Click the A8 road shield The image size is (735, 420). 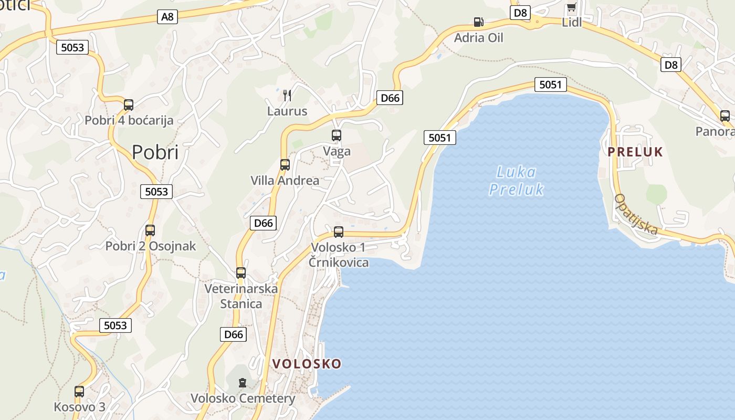(x=167, y=17)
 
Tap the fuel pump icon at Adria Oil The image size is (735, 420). (x=478, y=22)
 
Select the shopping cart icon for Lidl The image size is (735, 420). (x=571, y=7)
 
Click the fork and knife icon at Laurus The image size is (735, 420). (x=287, y=95)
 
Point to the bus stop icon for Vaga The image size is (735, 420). (x=337, y=135)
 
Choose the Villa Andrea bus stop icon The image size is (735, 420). (x=285, y=165)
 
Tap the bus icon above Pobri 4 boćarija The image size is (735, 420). (x=129, y=104)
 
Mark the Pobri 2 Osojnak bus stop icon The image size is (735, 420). (x=150, y=230)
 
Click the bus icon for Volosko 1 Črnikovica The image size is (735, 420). (x=339, y=232)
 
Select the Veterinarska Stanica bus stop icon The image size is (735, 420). (x=241, y=273)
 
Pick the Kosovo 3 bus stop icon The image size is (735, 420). (x=79, y=391)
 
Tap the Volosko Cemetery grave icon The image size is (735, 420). (x=243, y=383)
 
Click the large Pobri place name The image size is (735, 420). (x=155, y=152)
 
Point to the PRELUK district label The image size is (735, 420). (x=635, y=152)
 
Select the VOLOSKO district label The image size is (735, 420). (x=307, y=364)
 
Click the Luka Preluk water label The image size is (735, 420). (x=516, y=181)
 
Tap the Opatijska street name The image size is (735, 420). (x=636, y=214)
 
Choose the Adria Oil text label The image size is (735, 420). (x=478, y=38)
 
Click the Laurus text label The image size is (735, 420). (x=287, y=111)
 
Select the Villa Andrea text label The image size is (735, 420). (x=285, y=181)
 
